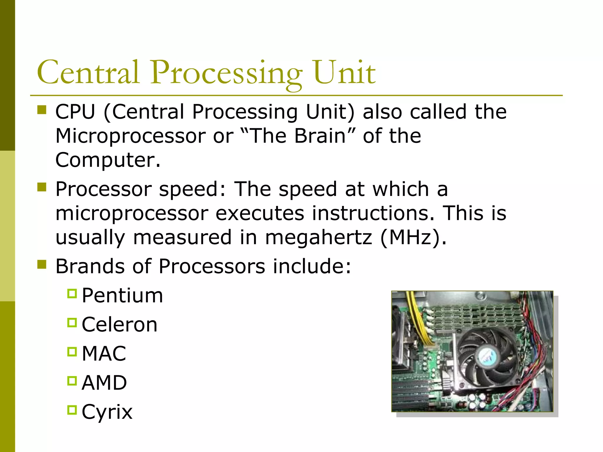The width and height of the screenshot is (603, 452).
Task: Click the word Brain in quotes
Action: [320, 136]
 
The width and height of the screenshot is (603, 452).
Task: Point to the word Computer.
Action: [108, 160]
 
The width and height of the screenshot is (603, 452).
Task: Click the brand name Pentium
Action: [122, 296]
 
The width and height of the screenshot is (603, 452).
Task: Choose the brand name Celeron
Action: [120, 325]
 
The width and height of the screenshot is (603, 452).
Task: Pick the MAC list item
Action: [104, 354]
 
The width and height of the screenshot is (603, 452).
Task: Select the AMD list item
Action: [104, 383]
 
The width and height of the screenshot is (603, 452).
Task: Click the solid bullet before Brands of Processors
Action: [42, 264]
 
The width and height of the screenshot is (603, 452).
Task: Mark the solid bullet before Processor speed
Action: [42, 187]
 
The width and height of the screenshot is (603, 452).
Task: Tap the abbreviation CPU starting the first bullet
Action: [75, 112]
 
